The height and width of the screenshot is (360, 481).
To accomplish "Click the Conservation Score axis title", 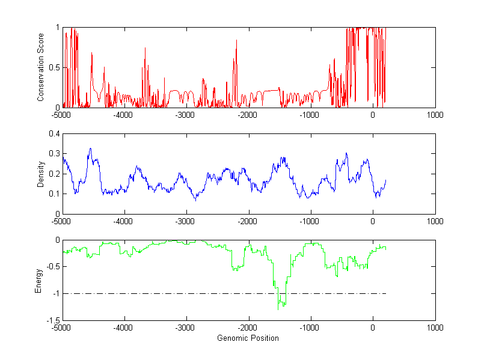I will tap(41, 67).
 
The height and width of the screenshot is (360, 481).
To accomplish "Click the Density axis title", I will tap(41, 174).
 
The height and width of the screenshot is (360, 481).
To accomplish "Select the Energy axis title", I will tap(38, 280).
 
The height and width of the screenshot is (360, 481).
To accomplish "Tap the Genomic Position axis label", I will tap(248, 338).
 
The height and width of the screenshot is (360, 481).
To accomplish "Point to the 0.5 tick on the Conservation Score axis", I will tap(55, 67).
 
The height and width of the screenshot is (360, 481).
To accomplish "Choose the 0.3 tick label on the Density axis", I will tap(55, 154).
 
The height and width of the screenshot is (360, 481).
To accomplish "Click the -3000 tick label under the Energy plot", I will tap(186, 328).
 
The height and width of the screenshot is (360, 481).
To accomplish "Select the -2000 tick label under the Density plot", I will tap(248, 221).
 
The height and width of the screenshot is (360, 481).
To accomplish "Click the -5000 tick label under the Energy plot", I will tap(62, 328).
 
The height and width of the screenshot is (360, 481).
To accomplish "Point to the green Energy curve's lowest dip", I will tap(278, 309).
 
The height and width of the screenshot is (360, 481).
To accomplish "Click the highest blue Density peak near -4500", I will tap(90, 148).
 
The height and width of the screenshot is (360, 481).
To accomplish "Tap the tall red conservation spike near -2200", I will tap(236, 40).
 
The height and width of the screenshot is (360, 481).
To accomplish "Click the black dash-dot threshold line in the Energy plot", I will tap(180, 293).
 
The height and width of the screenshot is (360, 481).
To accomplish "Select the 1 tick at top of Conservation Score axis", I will tap(58, 28).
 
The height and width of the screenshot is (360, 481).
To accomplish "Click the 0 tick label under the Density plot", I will tap(373, 221).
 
